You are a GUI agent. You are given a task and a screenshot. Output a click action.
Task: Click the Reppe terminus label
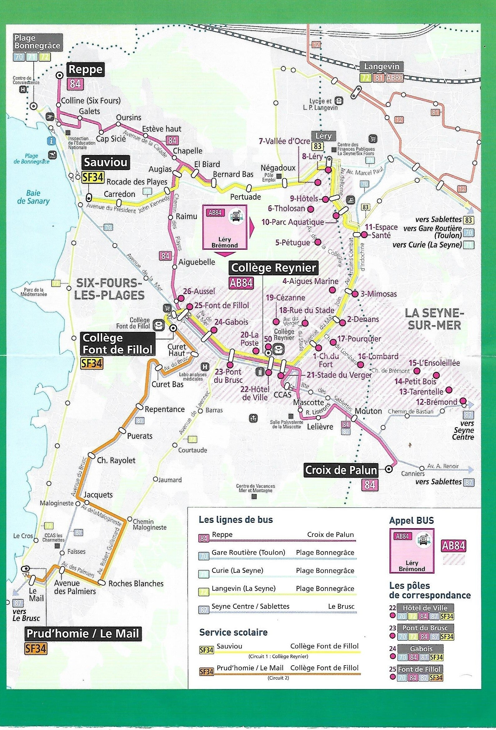(x=85, y=69)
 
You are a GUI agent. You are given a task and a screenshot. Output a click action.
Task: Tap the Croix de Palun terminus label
(x=341, y=470)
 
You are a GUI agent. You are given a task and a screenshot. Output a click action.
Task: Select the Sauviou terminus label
(x=106, y=162)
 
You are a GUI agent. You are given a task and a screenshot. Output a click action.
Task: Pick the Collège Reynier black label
(x=273, y=268)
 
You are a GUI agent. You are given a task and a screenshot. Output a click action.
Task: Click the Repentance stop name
(x=165, y=409)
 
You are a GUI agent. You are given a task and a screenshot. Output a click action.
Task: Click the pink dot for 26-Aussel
(x=180, y=299)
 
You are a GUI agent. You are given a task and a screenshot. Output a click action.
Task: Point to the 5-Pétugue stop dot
(x=318, y=242)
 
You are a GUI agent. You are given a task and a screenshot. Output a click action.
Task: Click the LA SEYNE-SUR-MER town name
(x=434, y=319)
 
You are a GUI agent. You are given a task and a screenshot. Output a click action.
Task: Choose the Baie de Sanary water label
(x=33, y=197)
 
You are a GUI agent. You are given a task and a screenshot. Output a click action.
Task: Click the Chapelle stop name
(x=188, y=151)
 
